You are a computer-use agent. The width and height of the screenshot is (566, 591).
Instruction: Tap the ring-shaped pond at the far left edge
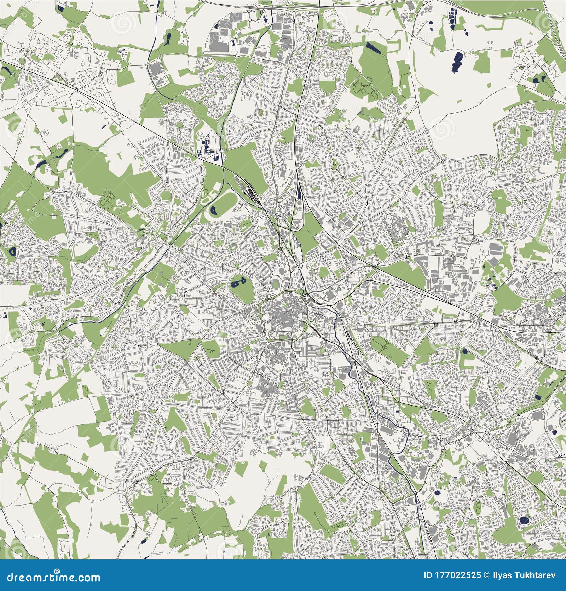(12, 252)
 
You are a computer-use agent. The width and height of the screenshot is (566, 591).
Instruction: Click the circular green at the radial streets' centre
(334, 165)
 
